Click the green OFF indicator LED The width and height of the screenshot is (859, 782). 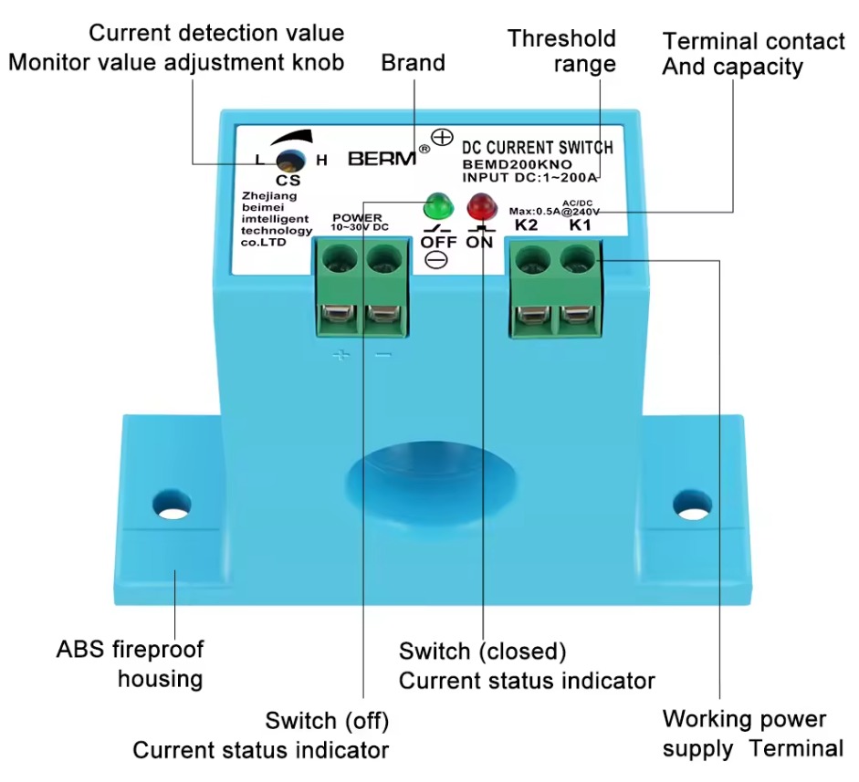pyautogui.click(x=438, y=205)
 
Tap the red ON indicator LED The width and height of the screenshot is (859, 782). pyautogui.click(x=481, y=206)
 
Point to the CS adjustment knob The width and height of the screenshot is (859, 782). pyautogui.click(x=290, y=161)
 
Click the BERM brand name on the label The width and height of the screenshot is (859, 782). pyautogui.click(x=382, y=159)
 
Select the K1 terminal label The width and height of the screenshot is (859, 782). pyautogui.click(x=581, y=225)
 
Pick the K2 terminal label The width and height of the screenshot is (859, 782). pyautogui.click(x=527, y=225)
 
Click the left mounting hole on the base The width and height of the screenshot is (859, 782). pyautogui.click(x=172, y=504)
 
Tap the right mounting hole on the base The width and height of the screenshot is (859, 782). pyautogui.click(x=693, y=504)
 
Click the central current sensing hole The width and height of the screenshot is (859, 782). pyautogui.click(x=431, y=476)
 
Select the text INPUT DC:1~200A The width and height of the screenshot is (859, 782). pyautogui.click(x=529, y=177)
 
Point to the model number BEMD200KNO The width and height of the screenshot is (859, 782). pyautogui.click(x=518, y=164)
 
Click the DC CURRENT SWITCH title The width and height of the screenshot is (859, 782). pyautogui.click(x=538, y=148)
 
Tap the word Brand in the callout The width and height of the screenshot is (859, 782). pyautogui.click(x=413, y=62)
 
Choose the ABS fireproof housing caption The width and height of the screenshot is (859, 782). pyautogui.click(x=130, y=663)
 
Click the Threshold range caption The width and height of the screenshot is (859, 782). pyautogui.click(x=562, y=51)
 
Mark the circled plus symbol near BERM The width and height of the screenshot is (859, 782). pyautogui.click(x=442, y=137)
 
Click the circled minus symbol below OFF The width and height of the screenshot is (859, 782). pyautogui.click(x=436, y=259)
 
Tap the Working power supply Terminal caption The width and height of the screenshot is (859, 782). pyautogui.click(x=753, y=734)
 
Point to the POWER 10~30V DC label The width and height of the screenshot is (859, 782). pyautogui.click(x=359, y=223)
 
